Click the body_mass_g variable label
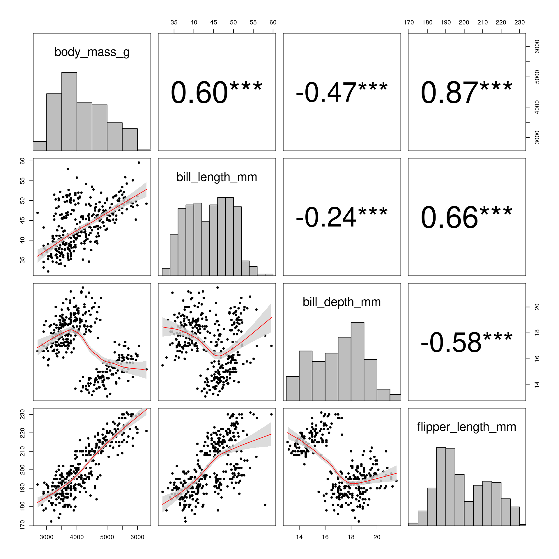92,52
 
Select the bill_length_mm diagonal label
217,177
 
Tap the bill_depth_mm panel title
342,302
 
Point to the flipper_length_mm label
466,427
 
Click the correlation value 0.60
199,93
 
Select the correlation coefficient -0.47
326,93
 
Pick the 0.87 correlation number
449,93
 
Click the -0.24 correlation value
326,217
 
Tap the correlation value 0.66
449,217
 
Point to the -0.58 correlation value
451,342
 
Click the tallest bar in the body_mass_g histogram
69,111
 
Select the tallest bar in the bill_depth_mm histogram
358,361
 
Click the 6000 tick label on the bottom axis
137,537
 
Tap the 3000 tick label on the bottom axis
46,537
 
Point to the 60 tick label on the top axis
273,22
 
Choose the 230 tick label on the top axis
519,22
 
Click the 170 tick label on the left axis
22,525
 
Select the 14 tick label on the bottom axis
299,537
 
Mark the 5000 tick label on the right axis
537,77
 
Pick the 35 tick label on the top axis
174,22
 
